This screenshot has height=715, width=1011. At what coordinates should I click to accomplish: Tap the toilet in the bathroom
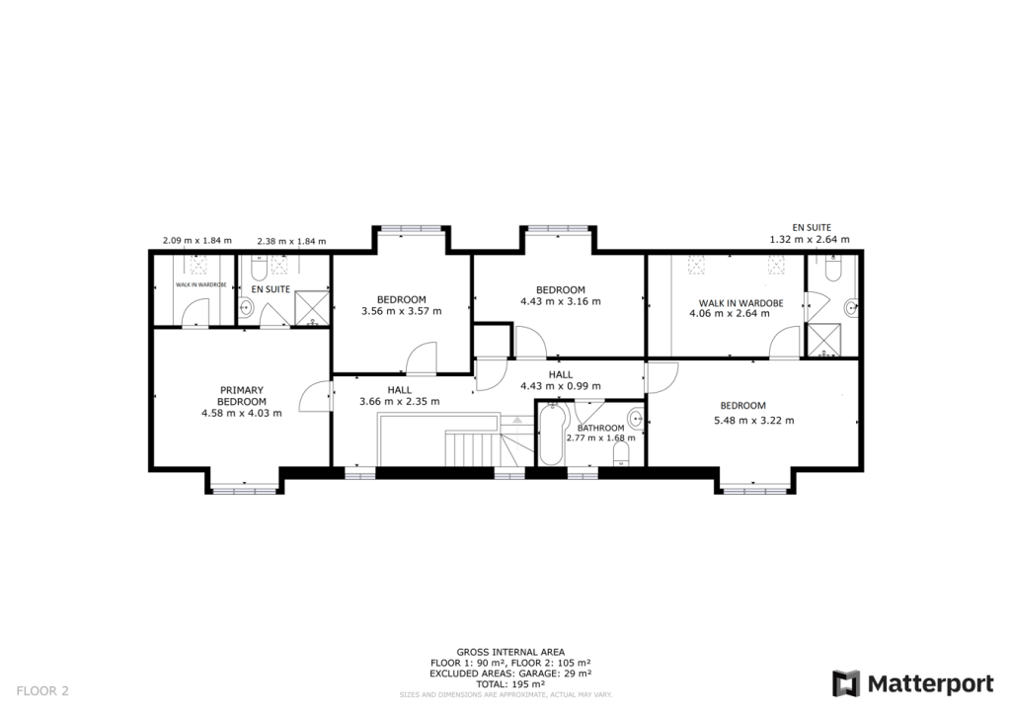click(621, 453)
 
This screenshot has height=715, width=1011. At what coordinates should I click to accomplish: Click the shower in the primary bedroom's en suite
click(313, 306)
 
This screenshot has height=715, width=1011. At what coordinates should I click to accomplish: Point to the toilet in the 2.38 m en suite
click(259, 268)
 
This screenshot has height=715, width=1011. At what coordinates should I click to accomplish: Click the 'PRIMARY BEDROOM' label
click(242, 395)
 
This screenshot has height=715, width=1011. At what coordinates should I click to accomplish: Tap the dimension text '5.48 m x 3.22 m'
click(753, 420)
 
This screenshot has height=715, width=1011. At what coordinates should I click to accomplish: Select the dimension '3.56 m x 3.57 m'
click(401, 311)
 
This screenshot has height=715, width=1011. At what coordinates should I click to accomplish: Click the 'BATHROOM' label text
click(600, 428)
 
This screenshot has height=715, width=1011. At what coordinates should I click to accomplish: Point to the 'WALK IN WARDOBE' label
click(741, 303)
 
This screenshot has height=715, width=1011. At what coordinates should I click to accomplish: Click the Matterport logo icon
click(846, 683)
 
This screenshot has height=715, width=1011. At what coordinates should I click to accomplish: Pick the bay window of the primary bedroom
click(244, 487)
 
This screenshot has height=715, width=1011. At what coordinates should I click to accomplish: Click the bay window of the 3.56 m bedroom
click(410, 230)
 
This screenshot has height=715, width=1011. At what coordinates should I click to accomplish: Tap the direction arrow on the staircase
click(513, 421)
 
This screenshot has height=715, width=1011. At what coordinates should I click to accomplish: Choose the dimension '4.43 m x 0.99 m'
click(560, 387)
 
